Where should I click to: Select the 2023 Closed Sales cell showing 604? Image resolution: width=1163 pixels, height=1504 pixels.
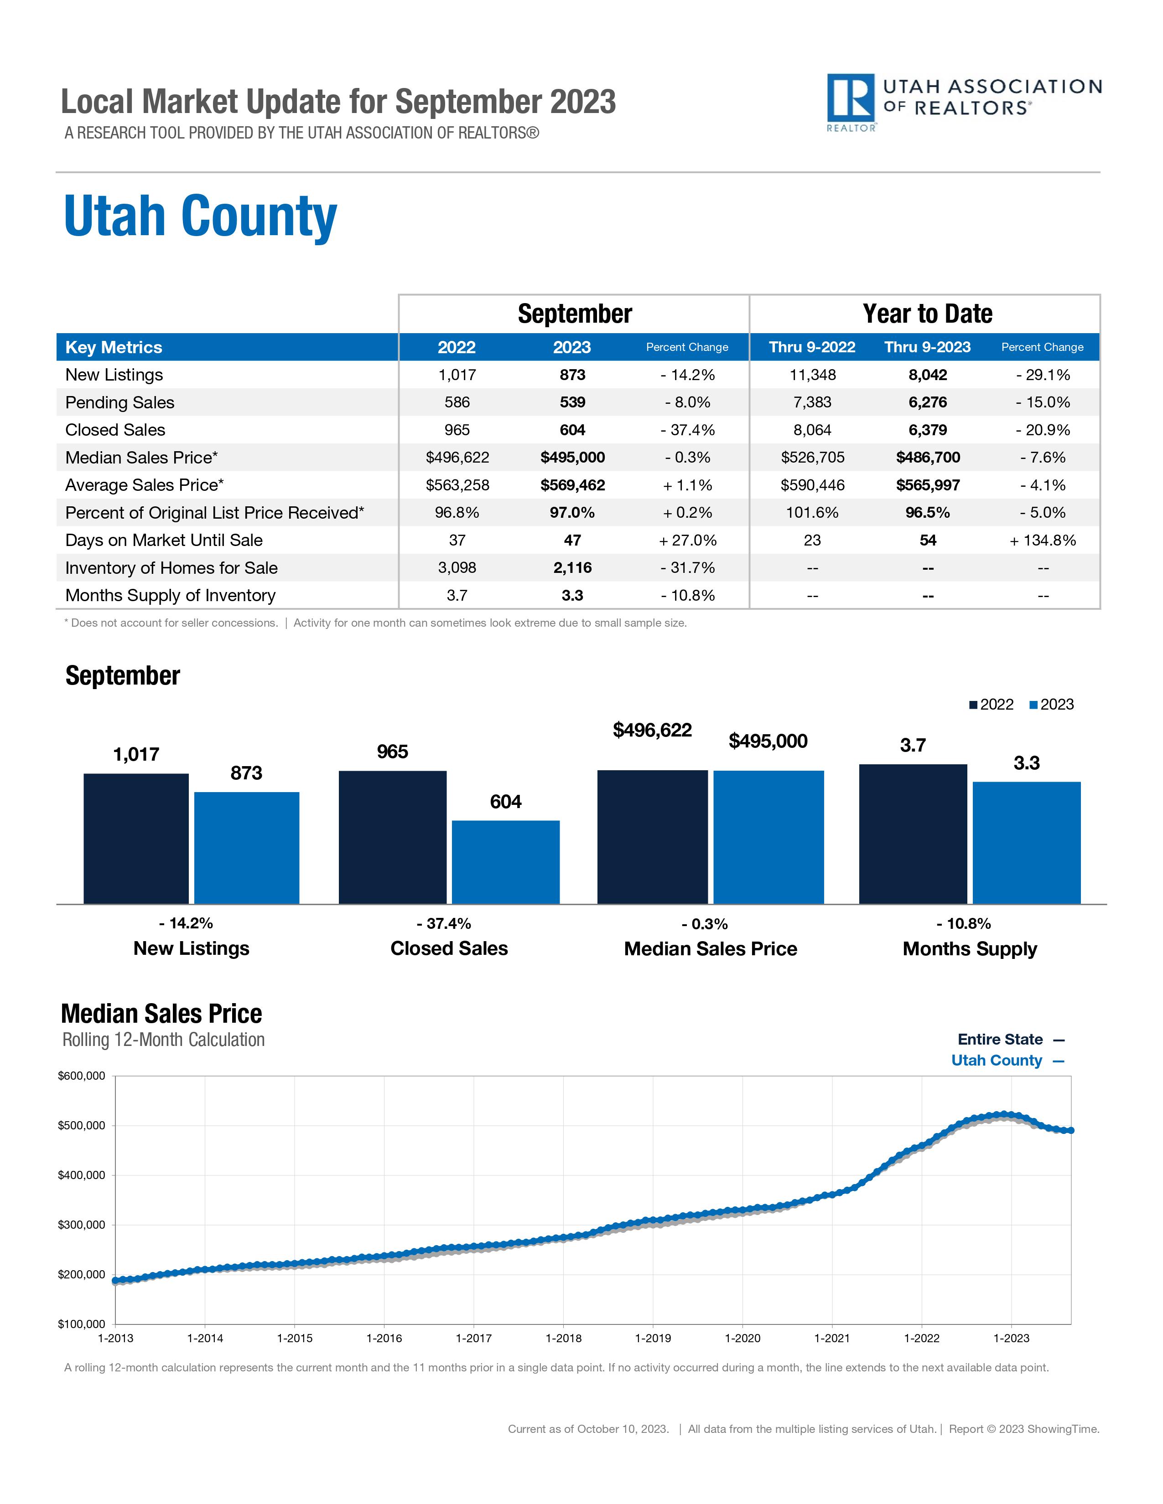click(572, 430)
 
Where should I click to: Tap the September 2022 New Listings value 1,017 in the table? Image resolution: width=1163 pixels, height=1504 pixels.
click(457, 375)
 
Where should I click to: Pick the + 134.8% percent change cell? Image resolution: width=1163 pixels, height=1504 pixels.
click(1043, 540)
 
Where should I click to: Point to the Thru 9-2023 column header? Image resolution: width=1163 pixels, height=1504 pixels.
click(927, 347)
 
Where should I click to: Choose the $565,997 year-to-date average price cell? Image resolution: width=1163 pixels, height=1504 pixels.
click(927, 485)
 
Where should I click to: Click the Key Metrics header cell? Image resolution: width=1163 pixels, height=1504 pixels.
click(114, 347)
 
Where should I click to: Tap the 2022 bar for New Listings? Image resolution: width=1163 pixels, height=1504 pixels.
click(136, 838)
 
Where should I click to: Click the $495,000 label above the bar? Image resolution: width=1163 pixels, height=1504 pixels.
click(768, 741)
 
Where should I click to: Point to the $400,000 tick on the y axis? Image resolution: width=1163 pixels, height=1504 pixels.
click(81, 1175)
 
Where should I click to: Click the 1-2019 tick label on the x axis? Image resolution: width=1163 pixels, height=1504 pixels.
click(653, 1338)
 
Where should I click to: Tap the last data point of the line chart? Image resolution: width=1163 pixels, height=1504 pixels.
click(1070, 1130)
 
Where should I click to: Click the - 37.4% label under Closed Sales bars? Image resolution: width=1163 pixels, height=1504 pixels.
click(444, 923)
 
